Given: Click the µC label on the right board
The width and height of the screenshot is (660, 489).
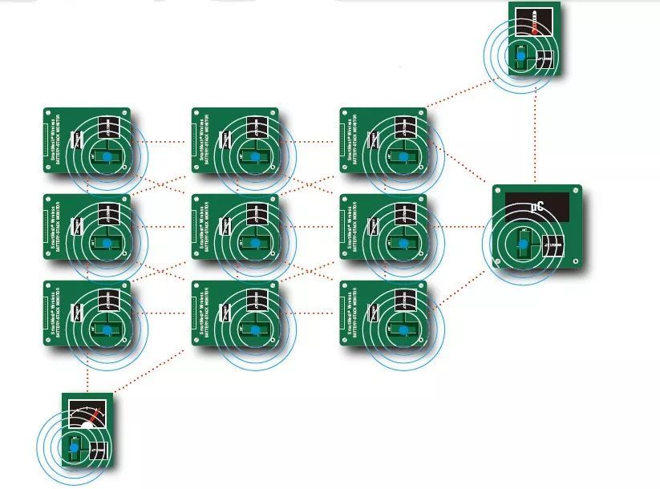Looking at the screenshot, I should pos(537,206).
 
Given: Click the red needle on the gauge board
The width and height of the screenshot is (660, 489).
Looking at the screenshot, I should pos(95,417).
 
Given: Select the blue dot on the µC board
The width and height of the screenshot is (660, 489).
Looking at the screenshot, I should pos(522,240).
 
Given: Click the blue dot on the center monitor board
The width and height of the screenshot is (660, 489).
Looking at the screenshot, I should pos(255,242).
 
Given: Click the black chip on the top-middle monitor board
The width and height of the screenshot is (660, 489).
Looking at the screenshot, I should pos(257,127).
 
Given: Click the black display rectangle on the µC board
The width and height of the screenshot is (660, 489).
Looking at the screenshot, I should pos(537,207).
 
